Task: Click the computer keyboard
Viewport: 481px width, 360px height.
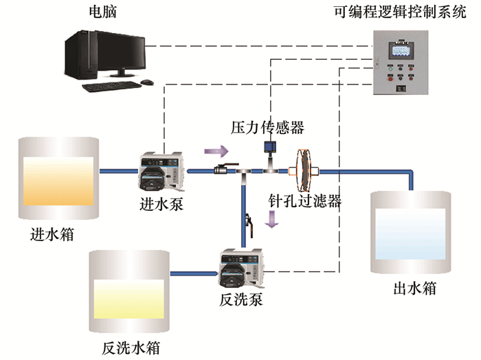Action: point(113,86)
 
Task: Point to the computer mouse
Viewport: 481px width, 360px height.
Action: point(146,82)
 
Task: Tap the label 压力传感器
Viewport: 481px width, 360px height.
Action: point(267,127)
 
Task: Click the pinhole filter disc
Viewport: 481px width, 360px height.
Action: point(301,172)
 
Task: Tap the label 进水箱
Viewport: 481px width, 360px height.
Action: point(53,234)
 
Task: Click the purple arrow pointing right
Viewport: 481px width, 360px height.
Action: point(214,150)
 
